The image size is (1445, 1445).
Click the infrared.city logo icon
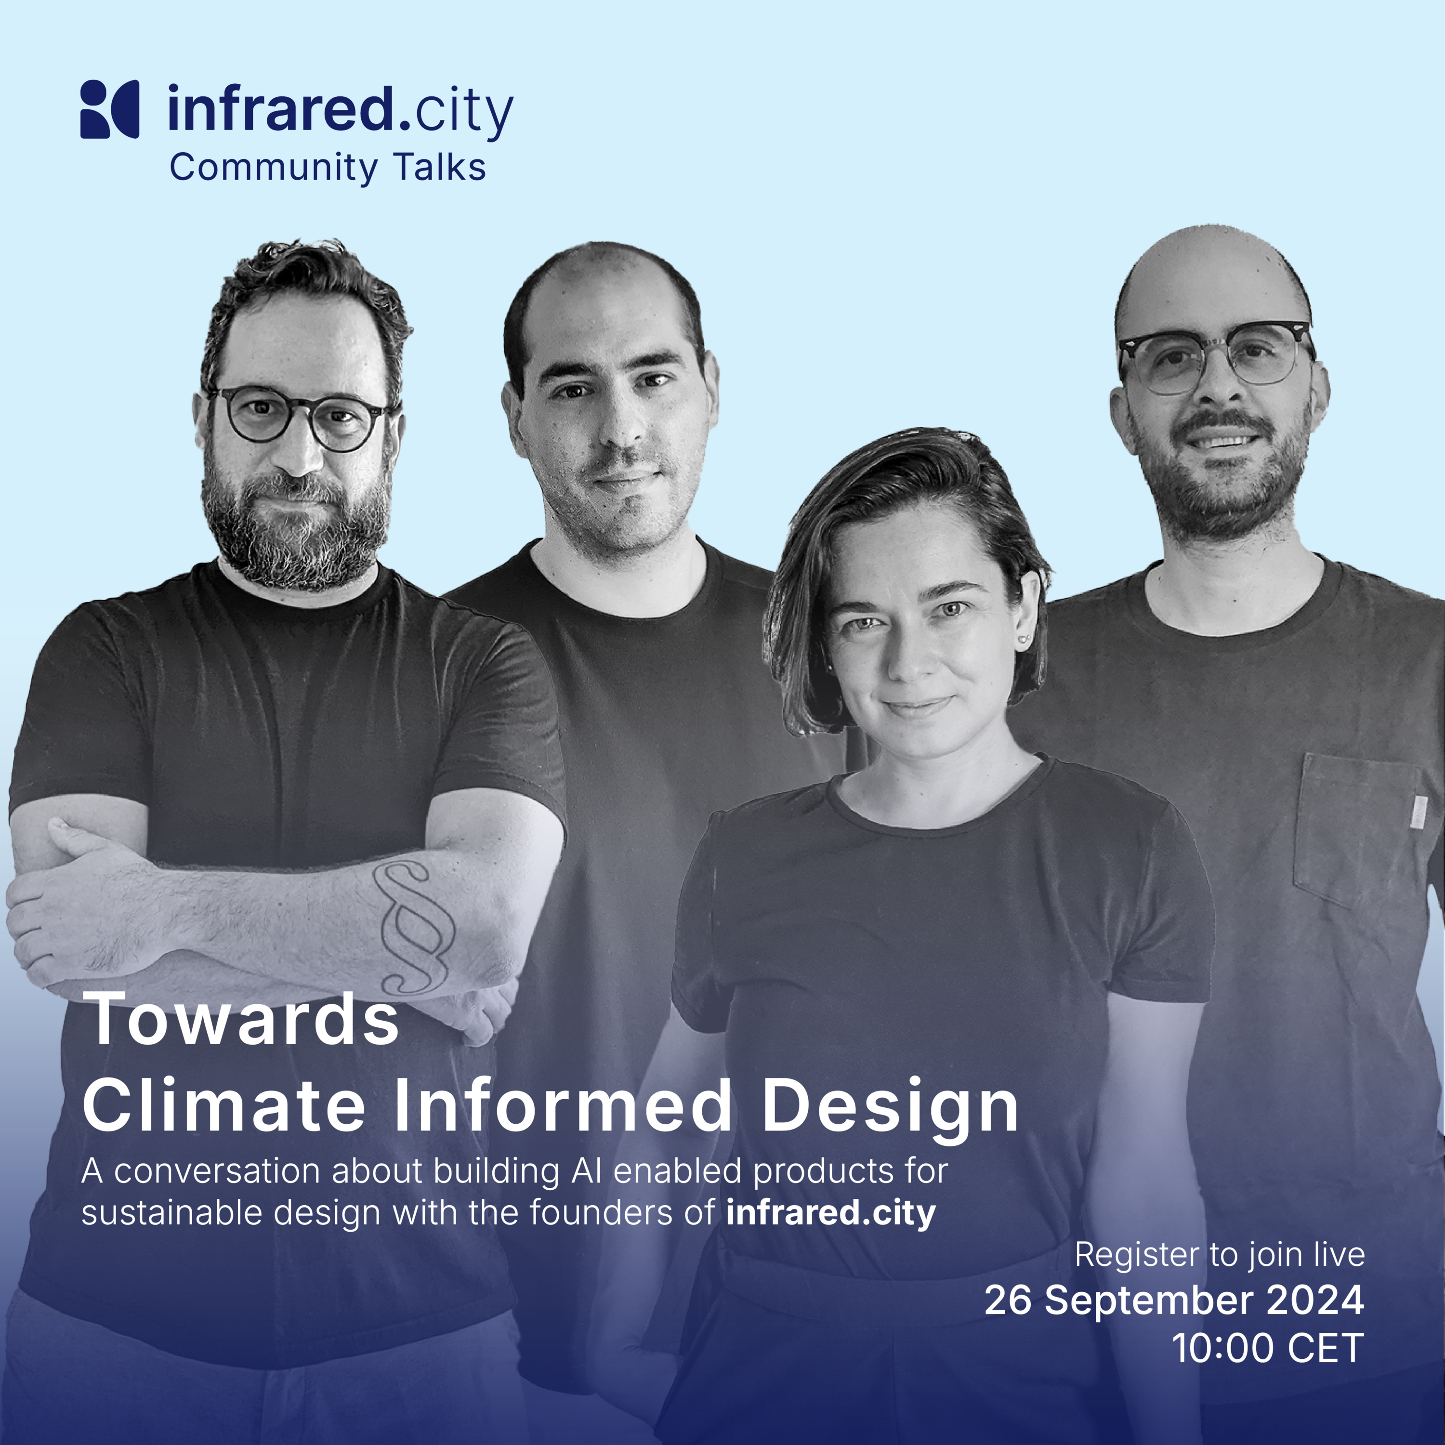click(109, 109)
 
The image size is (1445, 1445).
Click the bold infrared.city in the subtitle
click(830, 1212)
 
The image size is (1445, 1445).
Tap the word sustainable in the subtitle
click(171, 1212)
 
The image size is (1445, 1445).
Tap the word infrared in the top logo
click(280, 109)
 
